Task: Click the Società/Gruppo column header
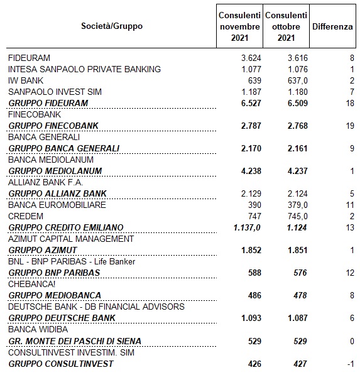112,26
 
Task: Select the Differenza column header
332,26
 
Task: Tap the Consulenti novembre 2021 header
239,26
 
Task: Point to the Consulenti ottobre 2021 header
286,26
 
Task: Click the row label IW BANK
26,80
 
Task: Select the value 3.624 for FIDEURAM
251,58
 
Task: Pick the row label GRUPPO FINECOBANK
53,126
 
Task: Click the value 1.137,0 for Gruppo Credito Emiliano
247,227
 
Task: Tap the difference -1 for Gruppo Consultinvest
351,364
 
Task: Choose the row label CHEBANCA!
32,284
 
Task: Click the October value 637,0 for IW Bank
298,80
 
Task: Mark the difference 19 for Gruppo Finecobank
350,126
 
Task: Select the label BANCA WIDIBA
38,329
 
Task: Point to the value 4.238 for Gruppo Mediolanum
251,171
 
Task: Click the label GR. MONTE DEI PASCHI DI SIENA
75,341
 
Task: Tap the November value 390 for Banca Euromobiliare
254,205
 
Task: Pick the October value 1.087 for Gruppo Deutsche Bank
298,318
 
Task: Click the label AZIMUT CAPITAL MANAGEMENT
71,239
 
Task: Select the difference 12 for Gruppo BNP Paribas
350,273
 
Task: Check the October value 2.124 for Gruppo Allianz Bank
298,193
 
